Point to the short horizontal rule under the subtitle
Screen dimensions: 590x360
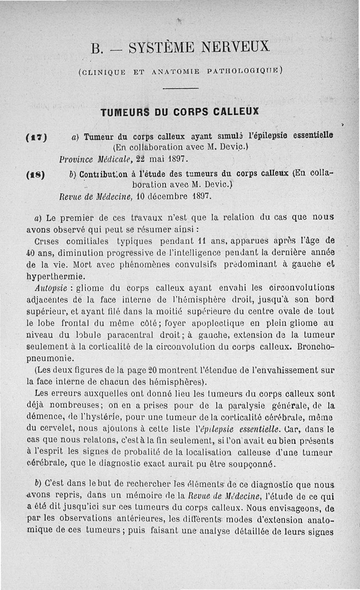(177, 88)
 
